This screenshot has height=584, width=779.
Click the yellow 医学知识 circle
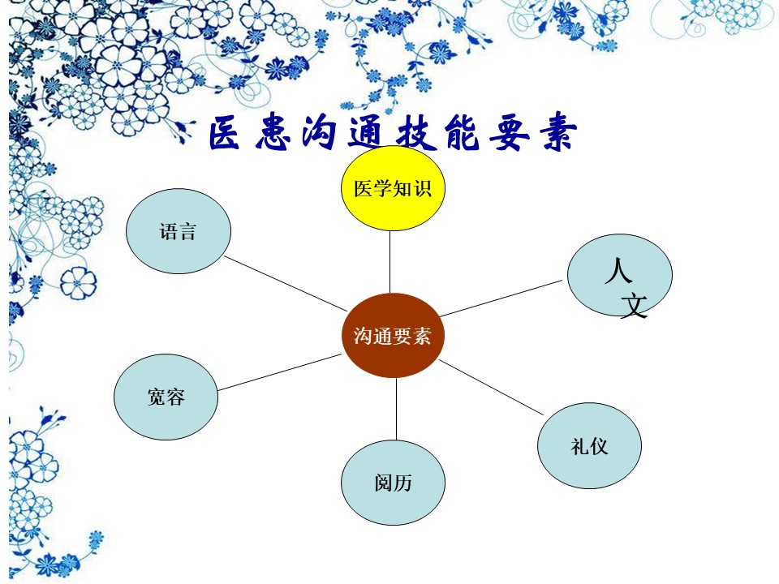coord(393,188)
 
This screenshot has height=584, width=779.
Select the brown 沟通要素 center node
coord(393,335)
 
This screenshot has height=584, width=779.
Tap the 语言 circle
coord(179,231)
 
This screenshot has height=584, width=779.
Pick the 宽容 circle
coord(166,397)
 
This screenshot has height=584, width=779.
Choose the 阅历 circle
coord(393,483)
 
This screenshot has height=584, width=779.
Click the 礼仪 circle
coord(589,445)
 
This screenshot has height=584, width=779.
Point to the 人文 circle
coord(620,276)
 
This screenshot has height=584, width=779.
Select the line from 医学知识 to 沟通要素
coord(390,262)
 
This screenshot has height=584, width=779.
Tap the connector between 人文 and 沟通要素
coord(501,298)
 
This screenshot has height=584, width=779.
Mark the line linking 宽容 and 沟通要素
coord(280,372)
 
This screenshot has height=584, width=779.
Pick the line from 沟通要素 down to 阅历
coord(396,409)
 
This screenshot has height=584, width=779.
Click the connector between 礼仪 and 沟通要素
coord(492,388)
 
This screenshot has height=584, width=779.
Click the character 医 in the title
coord(224,133)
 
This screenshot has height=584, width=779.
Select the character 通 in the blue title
coord(365,132)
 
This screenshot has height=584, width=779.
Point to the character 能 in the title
coord(463,132)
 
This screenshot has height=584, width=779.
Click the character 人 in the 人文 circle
coord(618,270)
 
